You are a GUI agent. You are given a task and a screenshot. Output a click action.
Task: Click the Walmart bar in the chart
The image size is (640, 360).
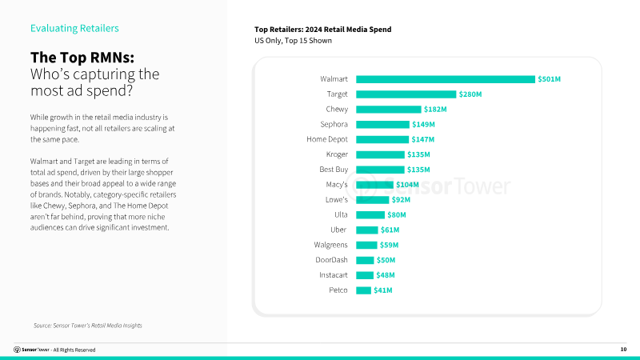(445, 79)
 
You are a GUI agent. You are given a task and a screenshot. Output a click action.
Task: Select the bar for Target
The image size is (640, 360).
(406, 94)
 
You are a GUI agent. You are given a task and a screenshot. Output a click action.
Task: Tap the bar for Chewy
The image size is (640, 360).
(388, 110)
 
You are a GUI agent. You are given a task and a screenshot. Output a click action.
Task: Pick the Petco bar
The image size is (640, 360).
(363, 290)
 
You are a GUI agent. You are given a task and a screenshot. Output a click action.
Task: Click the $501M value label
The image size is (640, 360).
(549, 79)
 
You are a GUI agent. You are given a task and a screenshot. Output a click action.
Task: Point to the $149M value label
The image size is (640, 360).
(423, 125)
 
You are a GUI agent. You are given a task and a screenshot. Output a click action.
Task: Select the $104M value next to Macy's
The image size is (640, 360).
(406, 185)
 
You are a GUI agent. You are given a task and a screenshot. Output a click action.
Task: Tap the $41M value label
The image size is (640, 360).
(383, 290)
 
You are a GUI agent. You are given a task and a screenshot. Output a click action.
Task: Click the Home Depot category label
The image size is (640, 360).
(327, 139)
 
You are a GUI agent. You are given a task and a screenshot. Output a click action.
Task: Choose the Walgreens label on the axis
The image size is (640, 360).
(330, 245)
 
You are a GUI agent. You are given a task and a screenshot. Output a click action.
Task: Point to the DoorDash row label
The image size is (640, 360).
(332, 260)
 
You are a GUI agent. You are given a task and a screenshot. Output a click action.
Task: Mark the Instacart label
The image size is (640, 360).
(332, 274)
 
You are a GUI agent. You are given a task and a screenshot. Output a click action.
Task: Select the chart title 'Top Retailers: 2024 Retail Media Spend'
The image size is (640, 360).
(322, 30)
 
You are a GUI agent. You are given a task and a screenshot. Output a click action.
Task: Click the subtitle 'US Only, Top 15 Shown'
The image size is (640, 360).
(293, 41)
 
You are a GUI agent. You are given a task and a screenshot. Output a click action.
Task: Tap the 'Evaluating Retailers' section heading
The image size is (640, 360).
(74, 29)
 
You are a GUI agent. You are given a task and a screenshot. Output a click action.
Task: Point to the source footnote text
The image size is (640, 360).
(87, 326)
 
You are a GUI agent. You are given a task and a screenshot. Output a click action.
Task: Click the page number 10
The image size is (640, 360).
(623, 350)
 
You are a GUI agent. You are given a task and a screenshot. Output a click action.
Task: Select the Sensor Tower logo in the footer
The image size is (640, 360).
(32, 350)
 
